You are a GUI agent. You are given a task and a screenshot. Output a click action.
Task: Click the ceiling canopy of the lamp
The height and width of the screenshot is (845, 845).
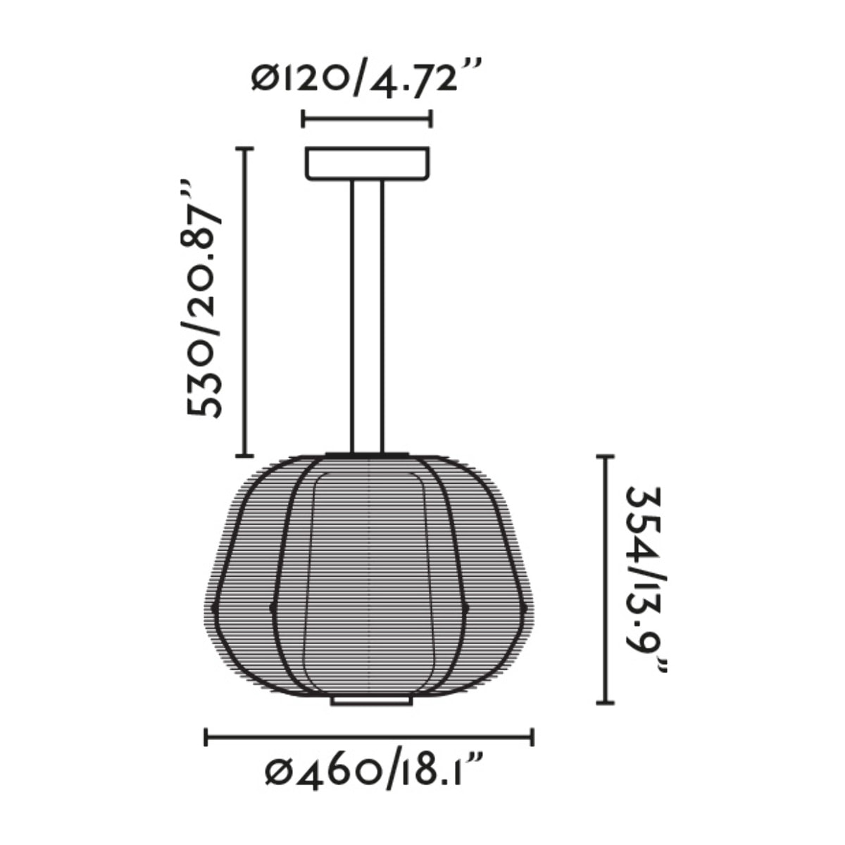point(367,163)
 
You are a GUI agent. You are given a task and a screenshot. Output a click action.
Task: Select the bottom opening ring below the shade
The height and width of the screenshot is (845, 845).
point(370,701)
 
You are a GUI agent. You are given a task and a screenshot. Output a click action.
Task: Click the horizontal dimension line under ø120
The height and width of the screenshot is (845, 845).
point(366,119)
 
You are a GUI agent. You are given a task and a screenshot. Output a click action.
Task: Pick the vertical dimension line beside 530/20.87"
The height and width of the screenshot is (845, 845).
point(244,303)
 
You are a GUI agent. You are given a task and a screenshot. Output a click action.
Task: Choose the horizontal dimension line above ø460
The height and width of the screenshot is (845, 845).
point(369,737)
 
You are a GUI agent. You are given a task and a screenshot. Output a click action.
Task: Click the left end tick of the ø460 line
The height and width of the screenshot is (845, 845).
point(206,737)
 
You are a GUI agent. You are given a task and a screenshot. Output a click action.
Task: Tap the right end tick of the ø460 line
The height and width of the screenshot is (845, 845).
point(532,737)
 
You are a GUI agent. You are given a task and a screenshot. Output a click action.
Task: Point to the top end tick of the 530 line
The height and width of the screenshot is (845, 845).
point(244,149)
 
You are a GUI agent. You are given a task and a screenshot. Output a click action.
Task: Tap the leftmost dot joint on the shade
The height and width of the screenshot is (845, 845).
point(214,606)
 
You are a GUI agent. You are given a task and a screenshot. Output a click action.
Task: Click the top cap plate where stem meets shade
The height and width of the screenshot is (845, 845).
point(367,454)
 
